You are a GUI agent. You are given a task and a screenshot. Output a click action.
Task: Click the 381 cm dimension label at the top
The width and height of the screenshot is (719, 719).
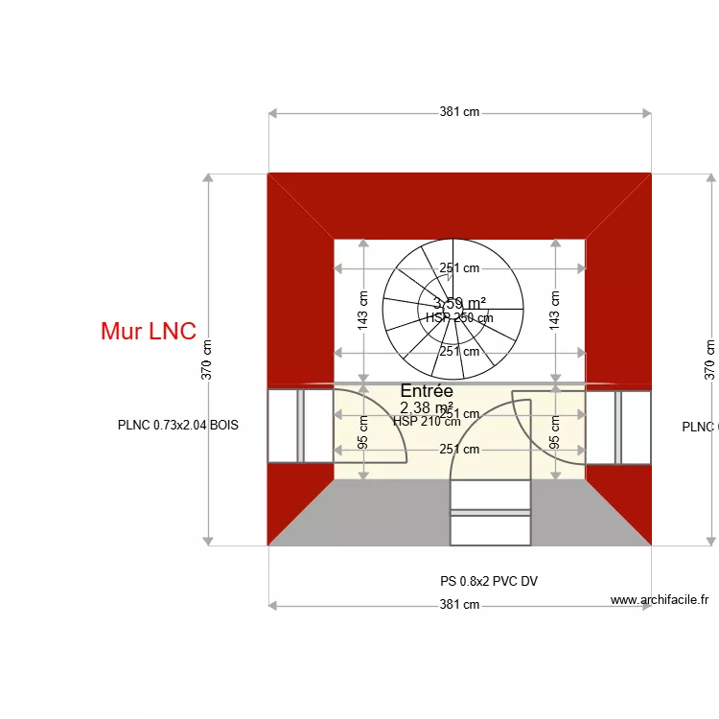[459, 112]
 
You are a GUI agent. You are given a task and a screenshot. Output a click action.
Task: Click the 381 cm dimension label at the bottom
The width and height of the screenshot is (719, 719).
[459, 605]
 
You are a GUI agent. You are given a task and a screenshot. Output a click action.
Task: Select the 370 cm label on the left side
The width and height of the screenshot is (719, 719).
[207, 360]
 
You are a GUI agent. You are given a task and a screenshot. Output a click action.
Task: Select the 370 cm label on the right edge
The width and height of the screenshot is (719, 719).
[709, 360]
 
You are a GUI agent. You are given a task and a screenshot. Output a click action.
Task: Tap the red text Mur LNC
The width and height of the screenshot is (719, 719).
[149, 332]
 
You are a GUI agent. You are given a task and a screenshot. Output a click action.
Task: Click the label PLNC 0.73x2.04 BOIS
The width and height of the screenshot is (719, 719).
[177, 426]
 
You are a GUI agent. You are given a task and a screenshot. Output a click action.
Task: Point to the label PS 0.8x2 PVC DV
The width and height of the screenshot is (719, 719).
[482, 581]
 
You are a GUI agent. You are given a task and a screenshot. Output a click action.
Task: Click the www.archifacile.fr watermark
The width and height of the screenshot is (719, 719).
[660, 600]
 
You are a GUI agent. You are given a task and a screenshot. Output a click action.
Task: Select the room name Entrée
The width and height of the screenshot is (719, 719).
[427, 391]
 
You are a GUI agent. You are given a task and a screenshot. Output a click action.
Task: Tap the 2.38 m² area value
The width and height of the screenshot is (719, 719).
[427, 407]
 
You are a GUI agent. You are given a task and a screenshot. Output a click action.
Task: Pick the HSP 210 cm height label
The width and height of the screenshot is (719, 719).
[427, 421]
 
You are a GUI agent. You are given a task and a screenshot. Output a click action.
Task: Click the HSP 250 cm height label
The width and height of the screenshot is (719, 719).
[459, 317]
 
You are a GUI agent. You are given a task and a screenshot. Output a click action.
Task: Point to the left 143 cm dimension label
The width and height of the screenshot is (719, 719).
[363, 311]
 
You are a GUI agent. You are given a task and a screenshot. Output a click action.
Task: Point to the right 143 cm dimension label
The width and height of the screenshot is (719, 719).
[555, 311]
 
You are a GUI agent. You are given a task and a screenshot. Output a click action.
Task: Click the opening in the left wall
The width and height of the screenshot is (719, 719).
[300, 426]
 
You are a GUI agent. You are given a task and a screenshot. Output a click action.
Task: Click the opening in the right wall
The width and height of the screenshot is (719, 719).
[618, 426]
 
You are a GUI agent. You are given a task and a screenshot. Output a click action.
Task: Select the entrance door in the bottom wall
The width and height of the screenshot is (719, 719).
[490, 512]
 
